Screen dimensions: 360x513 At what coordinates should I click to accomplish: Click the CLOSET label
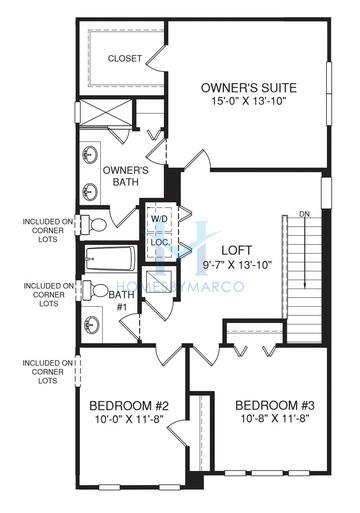pyautogui.click(x=125, y=59)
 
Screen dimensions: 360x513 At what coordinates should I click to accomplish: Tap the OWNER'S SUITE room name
pyautogui.click(x=249, y=88)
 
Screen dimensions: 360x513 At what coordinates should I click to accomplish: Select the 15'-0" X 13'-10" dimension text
pyautogui.click(x=249, y=101)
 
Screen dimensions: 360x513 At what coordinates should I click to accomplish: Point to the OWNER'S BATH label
pyautogui.click(x=125, y=176)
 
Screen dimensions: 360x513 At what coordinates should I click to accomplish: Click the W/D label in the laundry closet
pyautogui.click(x=159, y=219)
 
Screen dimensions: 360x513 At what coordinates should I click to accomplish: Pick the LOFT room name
pyautogui.click(x=237, y=250)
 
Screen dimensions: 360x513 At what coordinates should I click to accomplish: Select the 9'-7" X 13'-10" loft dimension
pyautogui.click(x=237, y=265)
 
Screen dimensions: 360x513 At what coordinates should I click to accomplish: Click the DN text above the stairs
pyautogui.click(x=305, y=214)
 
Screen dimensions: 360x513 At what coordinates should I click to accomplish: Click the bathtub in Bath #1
pyautogui.click(x=110, y=259)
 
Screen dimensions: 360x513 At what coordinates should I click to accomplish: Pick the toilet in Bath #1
pyautogui.click(x=95, y=290)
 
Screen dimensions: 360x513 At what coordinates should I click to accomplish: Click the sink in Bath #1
pyautogui.click(x=91, y=324)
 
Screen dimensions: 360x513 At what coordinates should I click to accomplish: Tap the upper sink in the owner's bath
pyautogui.click(x=90, y=154)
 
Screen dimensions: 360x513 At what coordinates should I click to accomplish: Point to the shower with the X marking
pyautogui.click(x=106, y=112)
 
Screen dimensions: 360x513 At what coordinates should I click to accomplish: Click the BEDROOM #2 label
pyautogui.click(x=129, y=406)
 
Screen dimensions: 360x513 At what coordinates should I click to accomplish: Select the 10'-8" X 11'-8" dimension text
pyautogui.click(x=275, y=418)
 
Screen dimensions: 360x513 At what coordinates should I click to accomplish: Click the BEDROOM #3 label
pyautogui.click(x=275, y=406)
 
